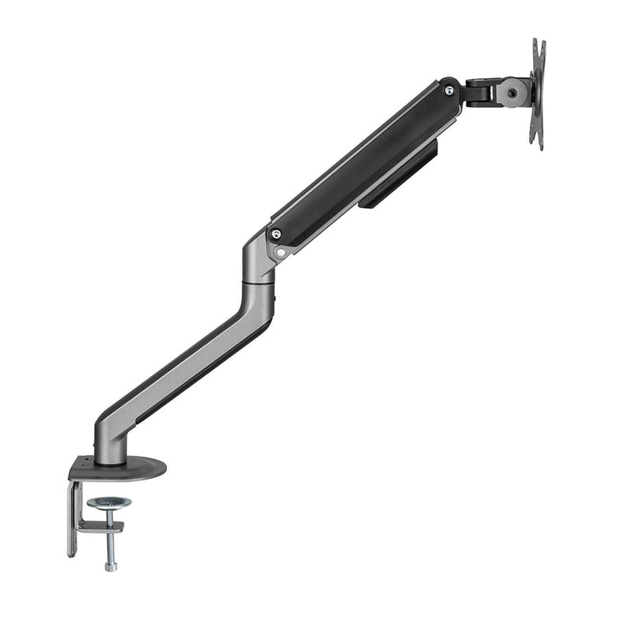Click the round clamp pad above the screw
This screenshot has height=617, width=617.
(x=109, y=503)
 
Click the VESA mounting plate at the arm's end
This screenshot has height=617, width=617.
(x=538, y=95)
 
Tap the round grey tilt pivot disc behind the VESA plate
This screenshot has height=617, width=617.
(x=513, y=93)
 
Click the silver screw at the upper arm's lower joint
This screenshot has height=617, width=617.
(x=276, y=235)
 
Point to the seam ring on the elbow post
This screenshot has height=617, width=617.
(x=257, y=282)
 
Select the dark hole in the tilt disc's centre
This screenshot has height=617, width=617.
(x=513, y=94)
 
